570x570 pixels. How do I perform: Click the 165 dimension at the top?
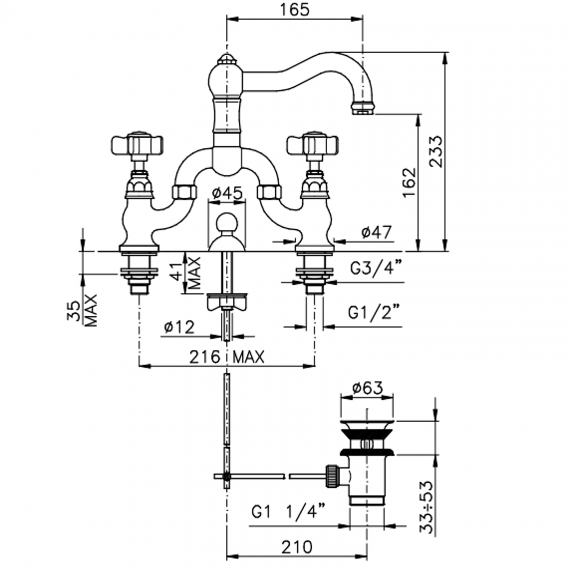click(293, 10)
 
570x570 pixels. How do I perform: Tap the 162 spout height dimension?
click(408, 182)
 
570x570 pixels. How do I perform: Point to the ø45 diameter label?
click(227, 193)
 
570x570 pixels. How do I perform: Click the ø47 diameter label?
click(376, 232)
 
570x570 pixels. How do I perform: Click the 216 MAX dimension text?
click(227, 357)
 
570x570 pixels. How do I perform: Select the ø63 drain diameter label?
click(367, 388)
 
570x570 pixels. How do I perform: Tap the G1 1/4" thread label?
click(289, 512)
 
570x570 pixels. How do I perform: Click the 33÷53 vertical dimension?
click(425, 507)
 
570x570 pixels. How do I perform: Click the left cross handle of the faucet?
click(137, 144)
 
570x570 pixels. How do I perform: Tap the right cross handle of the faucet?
click(313, 144)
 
